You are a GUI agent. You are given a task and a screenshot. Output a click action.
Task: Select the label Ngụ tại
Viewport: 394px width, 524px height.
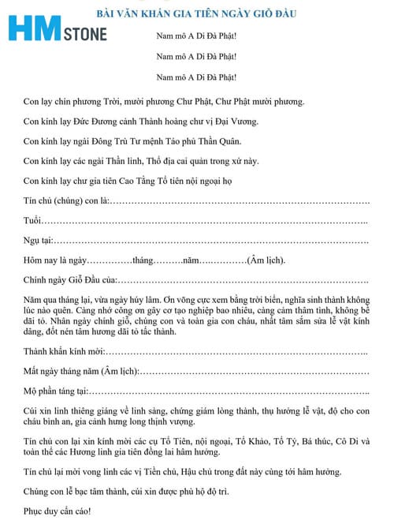point(39,241)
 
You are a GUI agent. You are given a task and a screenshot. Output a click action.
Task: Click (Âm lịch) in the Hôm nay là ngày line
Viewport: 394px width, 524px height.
point(266,261)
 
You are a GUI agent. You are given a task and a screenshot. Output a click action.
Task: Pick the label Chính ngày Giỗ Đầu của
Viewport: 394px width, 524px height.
point(70,281)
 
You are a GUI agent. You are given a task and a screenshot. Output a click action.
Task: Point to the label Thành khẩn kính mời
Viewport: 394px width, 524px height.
point(65,350)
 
